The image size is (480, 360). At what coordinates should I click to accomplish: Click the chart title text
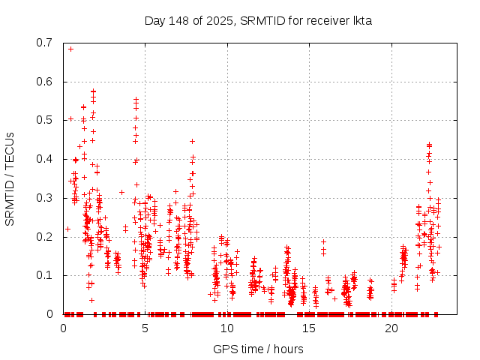pyautogui.click(x=258, y=20)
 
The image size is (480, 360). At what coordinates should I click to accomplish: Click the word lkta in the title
pyautogui.click(x=361, y=20)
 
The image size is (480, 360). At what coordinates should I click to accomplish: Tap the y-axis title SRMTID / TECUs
pyautogui.click(x=10, y=178)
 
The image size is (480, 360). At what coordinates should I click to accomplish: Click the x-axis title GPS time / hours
pyautogui.click(x=258, y=349)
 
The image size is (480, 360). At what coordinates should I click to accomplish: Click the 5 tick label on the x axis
pyautogui.click(x=145, y=328)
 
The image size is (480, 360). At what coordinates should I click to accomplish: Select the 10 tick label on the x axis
pyautogui.click(x=227, y=328)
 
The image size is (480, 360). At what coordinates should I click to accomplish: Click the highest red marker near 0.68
pyautogui.click(x=70, y=49)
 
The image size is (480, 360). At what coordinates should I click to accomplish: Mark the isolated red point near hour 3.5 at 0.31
pyautogui.click(x=121, y=192)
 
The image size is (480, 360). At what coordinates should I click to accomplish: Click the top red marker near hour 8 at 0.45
pyautogui.click(x=193, y=141)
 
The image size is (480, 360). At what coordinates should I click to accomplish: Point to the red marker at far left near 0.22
pyautogui.click(x=67, y=229)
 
